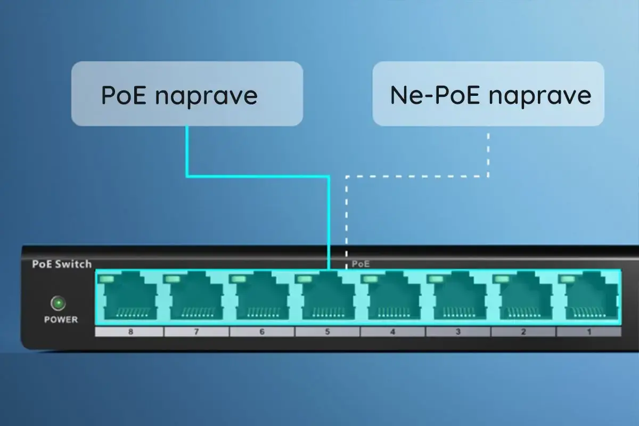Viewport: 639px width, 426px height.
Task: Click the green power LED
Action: pos(58,304)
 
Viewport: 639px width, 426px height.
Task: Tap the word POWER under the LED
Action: pos(61,319)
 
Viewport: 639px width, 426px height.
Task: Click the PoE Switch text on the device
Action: pos(62,264)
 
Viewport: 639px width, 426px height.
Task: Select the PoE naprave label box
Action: pos(187,94)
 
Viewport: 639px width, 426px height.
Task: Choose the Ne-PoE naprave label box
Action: pos(488,94)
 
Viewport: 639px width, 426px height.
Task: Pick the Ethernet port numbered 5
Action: pos(326,299)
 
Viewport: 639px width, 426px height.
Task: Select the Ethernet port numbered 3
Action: pos(458,299)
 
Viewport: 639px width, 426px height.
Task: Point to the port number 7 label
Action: pos(196,332)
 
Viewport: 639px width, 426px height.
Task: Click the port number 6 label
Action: pos(262,332)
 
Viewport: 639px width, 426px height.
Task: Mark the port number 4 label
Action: pos(392,332)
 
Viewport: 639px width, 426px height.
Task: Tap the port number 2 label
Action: pos(523,332)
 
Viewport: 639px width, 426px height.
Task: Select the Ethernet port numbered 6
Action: pos(261,299)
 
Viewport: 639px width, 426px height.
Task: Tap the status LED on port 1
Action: pos(568,278)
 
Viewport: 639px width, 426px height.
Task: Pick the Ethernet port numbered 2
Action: pos(523,299)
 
